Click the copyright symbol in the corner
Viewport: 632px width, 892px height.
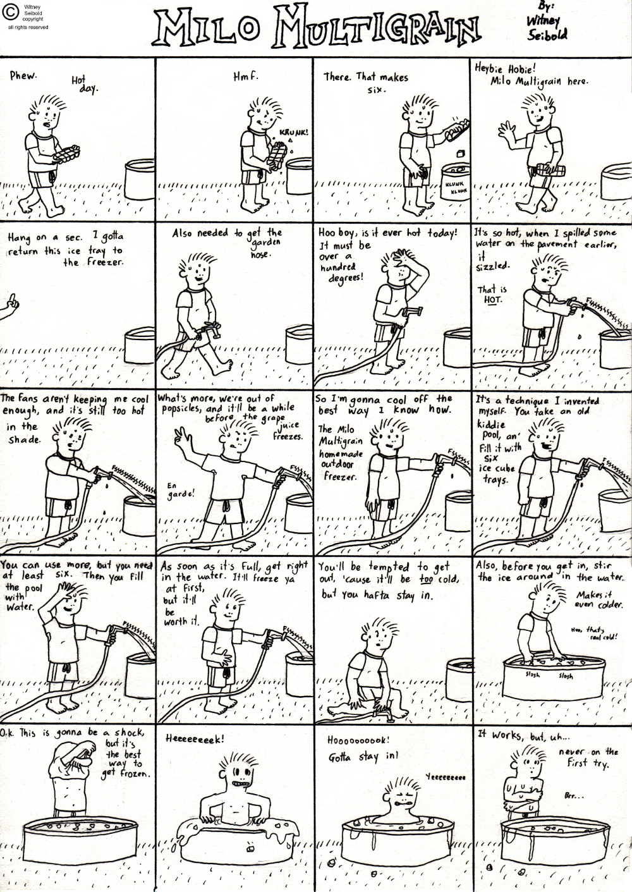click(x=11, y=13)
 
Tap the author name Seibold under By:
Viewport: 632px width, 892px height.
click(x=547, y=35)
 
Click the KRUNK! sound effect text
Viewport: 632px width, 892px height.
click(x=294, y=133)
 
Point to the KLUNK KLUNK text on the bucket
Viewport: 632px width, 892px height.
click(x=455, y=188)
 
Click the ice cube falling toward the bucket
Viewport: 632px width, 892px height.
click(x=461, y=154)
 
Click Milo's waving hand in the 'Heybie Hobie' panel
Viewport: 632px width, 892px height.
click(x=506, y=130)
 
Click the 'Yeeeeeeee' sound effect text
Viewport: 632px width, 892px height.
click(x=446, y=777)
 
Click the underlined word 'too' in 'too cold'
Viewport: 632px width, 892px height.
click(x=425, y=580)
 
